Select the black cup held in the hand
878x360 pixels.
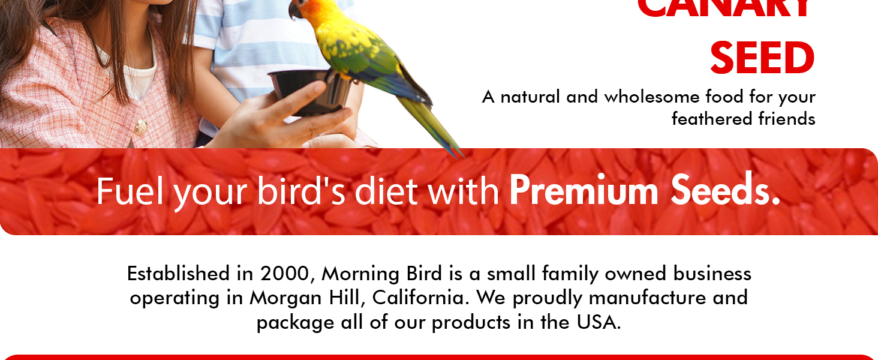pos(309,90)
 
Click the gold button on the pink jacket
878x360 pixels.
pos(141,127)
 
